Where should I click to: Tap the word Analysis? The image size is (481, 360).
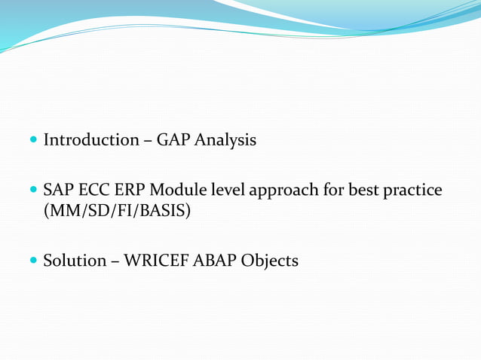pyautogui.click(x=225, y=141)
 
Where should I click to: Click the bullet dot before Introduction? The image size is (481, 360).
pyautogui.click(x=33, y=141)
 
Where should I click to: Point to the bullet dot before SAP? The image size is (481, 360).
pyautogui.click(x=33, y=191)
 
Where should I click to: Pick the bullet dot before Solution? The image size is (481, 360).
pyautogui.click(x=33, y=261)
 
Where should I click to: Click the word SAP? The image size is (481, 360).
pyautogui.click(x=58, y=190)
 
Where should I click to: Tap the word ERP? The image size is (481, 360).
pyautogui.click(x=128, y=190)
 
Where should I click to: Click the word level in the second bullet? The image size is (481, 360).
pyautogui.click(x=225, y=190)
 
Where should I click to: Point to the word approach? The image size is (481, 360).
pyautogui.click(x=282, y=191)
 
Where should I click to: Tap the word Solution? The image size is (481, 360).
pyautogui.click(x=75, y=261)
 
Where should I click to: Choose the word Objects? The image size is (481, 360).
pyautogui.click(x=270, y=261)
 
